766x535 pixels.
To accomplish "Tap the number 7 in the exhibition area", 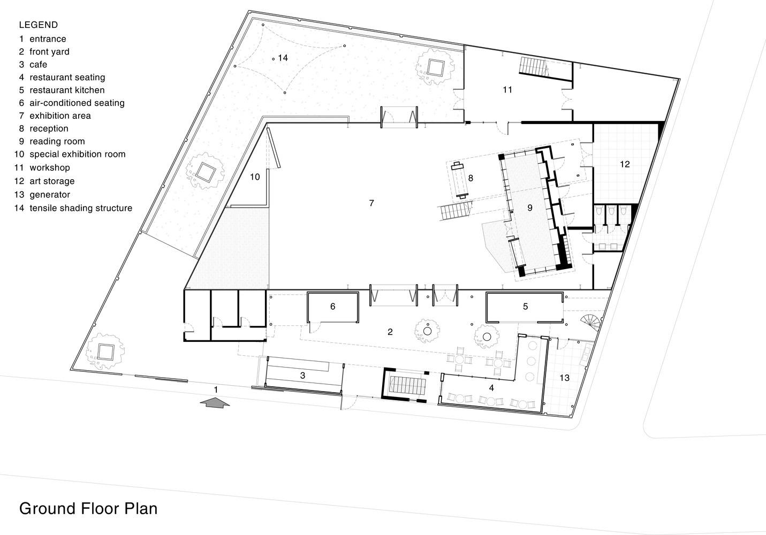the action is (x=371, y=203).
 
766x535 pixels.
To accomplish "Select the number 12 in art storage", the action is (x=625, y=164).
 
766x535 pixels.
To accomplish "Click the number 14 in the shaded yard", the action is (x=283, y=58).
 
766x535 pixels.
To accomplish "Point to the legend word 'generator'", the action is (x=50, y=195).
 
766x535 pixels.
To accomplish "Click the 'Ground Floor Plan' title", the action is (x=88, y=508).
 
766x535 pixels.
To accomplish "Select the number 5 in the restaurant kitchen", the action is (x=525, y=307).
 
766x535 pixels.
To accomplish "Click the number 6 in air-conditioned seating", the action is (x=333, y=307).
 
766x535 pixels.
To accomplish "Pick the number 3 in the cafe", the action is (x=302, y=376).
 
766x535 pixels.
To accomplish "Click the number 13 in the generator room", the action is (x=564, y=377).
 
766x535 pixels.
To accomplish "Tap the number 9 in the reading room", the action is (x=530, y=208).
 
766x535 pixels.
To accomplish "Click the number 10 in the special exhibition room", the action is (x=255, y=177).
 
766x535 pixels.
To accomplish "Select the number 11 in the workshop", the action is (x=507, y=89).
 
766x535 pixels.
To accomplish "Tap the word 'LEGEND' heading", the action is (x=39, y=25).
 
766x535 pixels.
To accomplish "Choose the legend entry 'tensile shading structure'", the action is (x=81, y=208).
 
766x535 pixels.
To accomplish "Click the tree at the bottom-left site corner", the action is (x=105, y=351).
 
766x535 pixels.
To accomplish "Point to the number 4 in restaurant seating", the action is (x=491, y=388).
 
